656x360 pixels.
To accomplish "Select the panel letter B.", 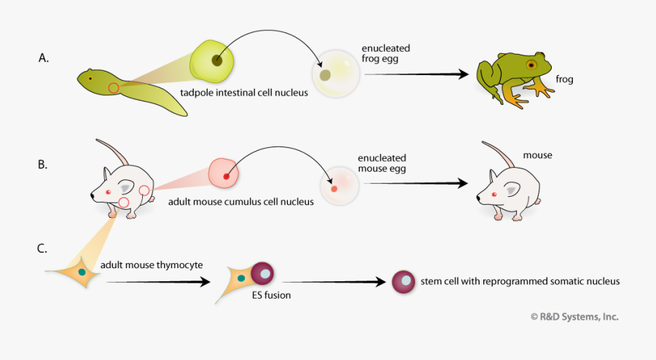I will (43, 165).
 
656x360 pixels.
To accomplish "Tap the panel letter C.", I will (43, 249).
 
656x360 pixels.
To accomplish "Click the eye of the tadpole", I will (90, 78).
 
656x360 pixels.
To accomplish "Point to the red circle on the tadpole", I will (114, 88).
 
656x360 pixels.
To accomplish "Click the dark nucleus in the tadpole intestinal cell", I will (216, 60).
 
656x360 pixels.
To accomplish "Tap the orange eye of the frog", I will (531, 65).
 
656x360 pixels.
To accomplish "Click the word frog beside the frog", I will (566, 79).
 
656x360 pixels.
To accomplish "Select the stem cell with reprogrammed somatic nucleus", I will (403, 281).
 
